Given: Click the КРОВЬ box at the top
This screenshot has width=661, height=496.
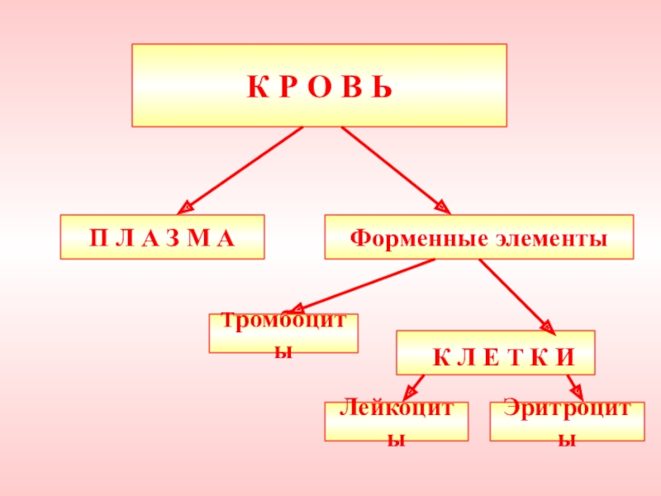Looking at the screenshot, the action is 319,85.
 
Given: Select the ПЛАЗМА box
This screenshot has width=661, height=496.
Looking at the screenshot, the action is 162,237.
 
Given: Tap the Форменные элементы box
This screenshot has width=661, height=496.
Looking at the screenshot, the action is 478,237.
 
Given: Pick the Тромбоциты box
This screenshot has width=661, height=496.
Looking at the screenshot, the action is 283,333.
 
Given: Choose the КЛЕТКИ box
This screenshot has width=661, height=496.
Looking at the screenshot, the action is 496,353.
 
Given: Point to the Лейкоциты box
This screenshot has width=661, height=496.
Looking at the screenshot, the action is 396,421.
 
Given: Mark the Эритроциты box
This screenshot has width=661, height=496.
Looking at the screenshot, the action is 567,421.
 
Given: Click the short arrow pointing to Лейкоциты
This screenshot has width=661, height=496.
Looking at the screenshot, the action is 413,387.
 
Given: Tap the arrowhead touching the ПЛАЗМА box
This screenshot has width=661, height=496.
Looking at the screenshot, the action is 188,208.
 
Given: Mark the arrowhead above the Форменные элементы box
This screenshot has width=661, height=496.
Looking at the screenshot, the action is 442,207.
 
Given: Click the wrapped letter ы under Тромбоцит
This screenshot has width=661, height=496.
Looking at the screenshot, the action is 283,351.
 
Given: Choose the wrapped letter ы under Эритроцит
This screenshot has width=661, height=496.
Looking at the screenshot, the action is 567,439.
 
